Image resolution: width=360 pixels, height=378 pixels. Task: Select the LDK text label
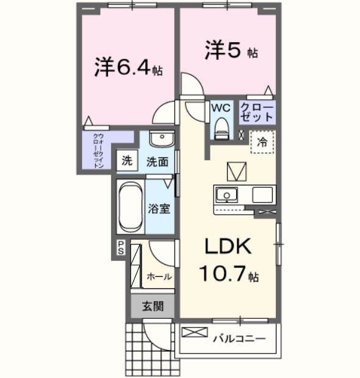(x=228, y=247)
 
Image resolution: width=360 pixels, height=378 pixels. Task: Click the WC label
(x=220, y=107)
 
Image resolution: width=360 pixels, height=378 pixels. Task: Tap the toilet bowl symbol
(x=221, y=129)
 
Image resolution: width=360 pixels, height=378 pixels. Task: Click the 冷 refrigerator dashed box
(x=262, y=143)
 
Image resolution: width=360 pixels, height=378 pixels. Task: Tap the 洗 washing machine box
(x=126, y=162)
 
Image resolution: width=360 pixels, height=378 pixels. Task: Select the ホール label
(x=159, y=276)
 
